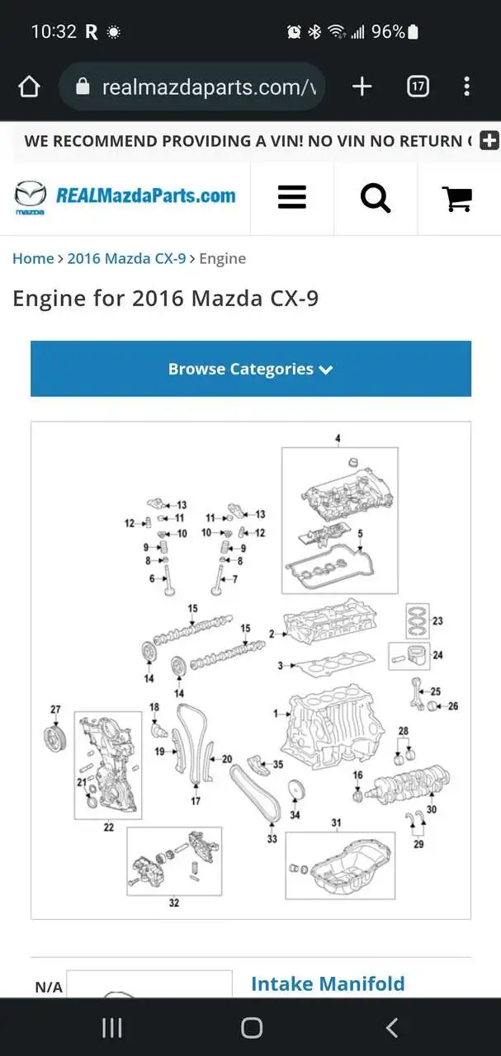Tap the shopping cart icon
[457, 199]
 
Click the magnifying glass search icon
[376, 199]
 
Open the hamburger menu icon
[292, 197]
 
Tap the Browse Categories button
[251, 369]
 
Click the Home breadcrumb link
[33, 258]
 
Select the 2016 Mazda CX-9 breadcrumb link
[126, 258]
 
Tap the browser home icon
[29, 87]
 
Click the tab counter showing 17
[418, 87]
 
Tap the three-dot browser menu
[466, 87]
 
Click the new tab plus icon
[362, 87]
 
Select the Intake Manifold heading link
[328, 984]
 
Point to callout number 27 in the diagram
[55, 709]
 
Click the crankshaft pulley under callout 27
[55, 739]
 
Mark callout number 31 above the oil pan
[336, 823]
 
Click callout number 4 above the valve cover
[338, 438]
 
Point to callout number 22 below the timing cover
[108, 827]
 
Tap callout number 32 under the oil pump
[174, 903]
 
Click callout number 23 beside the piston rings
[437, 621]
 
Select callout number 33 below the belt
[272, 839]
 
